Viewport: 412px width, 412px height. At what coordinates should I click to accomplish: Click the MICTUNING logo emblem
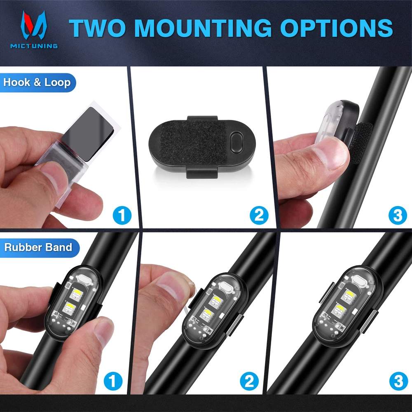tap(34, 25)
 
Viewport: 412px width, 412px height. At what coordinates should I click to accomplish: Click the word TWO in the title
tap(98, 28)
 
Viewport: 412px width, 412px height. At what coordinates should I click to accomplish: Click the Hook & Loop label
tap(37, 82)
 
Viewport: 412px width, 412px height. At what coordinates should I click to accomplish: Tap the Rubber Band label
tap(38, 248)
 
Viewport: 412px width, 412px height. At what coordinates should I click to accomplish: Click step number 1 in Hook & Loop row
tap(122, 215)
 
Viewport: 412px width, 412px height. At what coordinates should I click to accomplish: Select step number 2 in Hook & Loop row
tap(259, 215)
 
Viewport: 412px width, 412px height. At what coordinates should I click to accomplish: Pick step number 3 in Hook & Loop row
tap(398, 215)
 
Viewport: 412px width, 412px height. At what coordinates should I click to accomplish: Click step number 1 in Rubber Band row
tap(113, 381)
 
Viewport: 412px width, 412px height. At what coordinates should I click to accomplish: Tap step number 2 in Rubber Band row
tap(249, 381)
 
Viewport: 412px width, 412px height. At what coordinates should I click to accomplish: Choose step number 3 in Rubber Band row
tap(398, 381)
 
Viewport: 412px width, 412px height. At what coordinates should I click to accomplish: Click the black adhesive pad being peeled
tap(88, 134)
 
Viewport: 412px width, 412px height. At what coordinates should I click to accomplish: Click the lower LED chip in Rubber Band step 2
tap(206, 314)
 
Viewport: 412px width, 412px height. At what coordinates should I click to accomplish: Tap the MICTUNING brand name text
tap(34, 46)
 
